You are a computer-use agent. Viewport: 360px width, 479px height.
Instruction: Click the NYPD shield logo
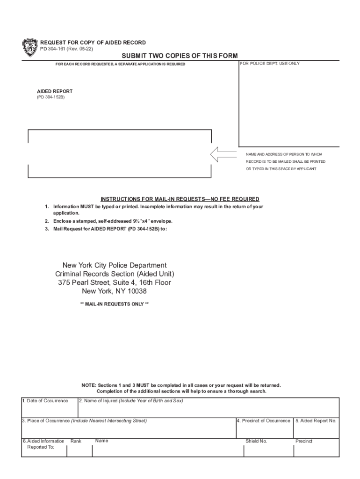point(29,48)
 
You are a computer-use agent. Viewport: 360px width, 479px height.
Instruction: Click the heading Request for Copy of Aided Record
point(93,43)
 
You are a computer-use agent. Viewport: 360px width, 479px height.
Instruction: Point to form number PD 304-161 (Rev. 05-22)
point(73,49)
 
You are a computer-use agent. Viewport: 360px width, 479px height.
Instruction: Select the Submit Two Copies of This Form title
point(180,56)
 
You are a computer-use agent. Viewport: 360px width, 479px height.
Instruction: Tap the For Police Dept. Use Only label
point(270,64)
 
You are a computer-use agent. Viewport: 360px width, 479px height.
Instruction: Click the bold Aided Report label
point(55,92)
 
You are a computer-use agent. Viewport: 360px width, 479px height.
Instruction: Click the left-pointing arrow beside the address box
point(223,154)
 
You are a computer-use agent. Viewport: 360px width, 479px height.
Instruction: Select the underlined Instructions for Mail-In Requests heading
point(180,199)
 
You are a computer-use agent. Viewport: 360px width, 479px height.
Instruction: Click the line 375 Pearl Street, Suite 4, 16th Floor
point(115,283)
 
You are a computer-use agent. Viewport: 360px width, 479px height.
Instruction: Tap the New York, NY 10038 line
point(115,291)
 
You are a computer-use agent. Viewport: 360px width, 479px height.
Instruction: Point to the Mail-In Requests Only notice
point(115,304)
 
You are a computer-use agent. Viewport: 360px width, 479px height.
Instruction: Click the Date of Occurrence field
point(49,409)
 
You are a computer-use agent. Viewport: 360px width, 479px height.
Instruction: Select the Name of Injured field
point(208,409)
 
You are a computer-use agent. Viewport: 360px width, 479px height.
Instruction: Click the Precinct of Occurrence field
point(264,429)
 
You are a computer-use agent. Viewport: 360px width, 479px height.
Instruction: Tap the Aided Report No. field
point(316,429)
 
